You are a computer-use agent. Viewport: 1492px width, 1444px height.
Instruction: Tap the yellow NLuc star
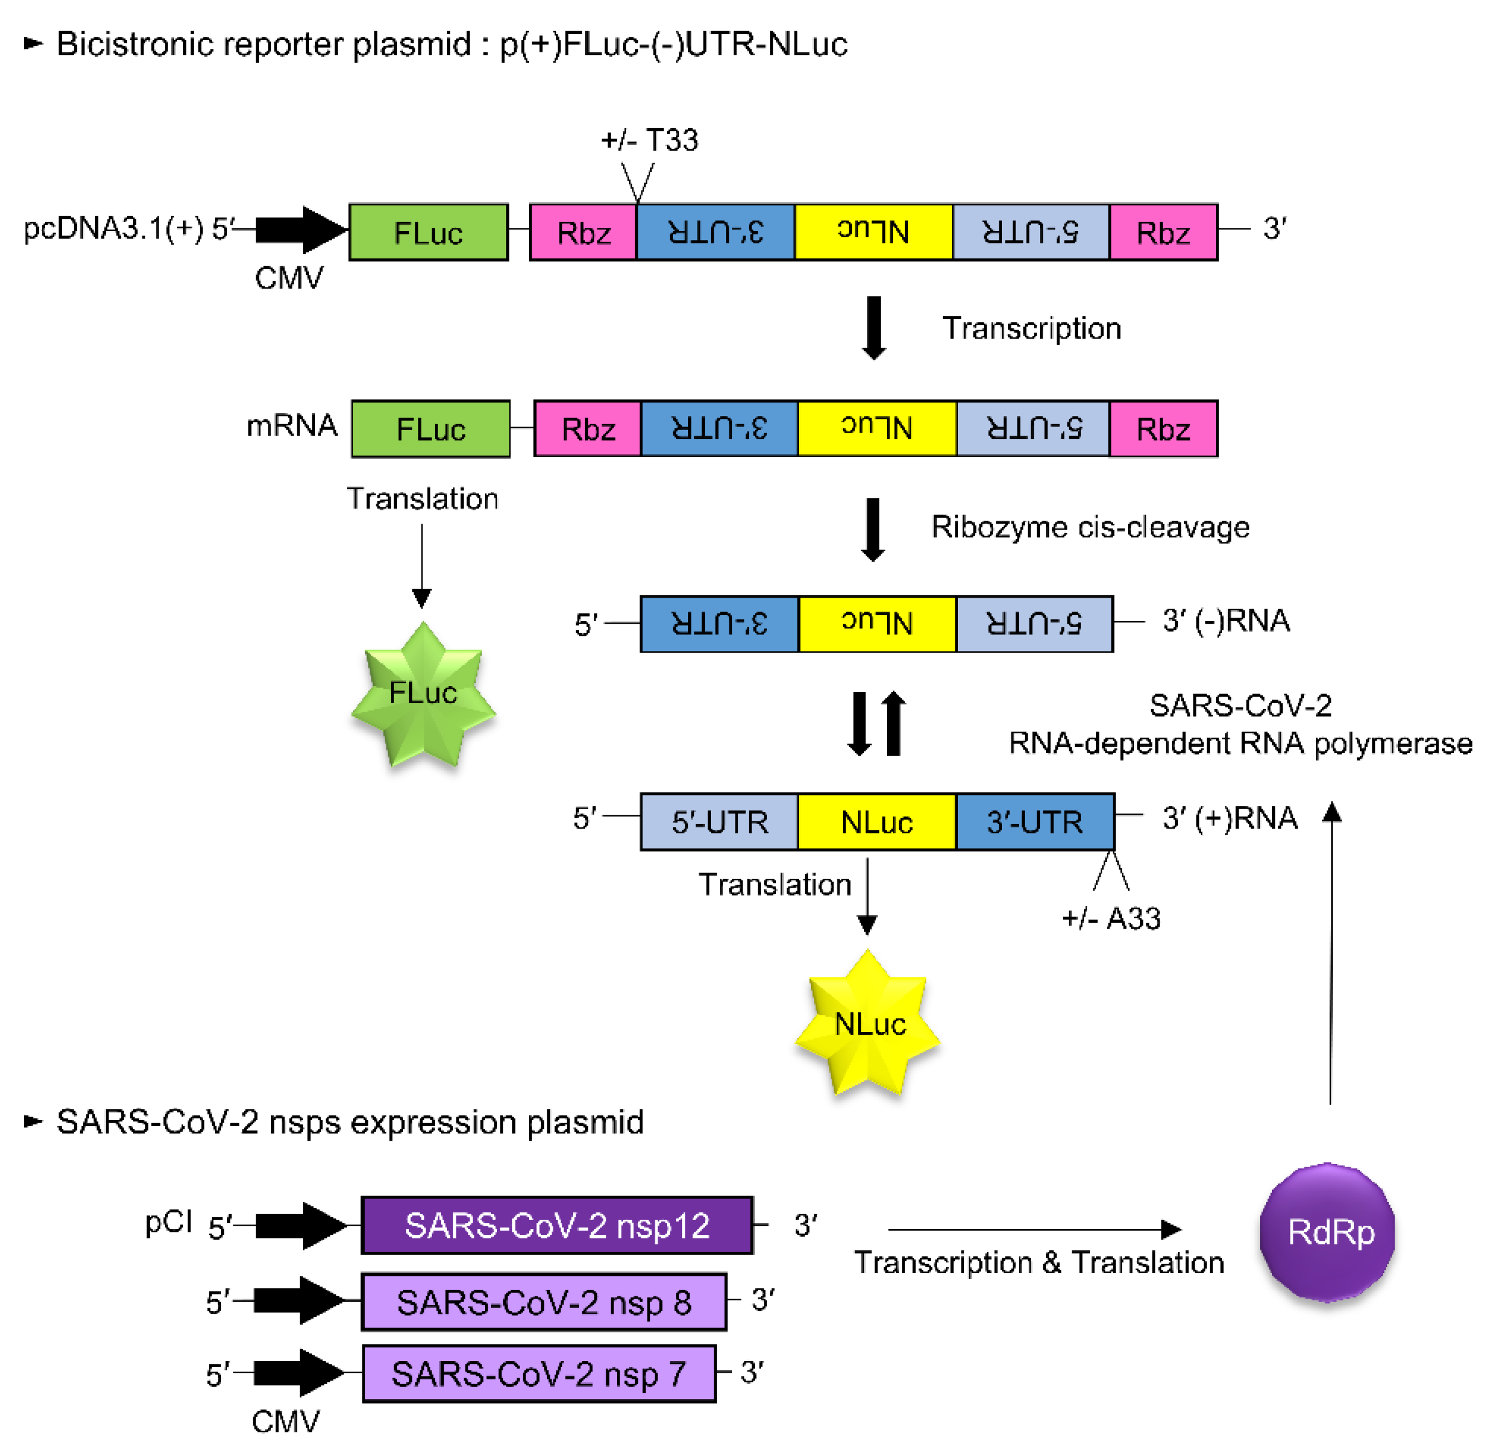[x=868, y=1024]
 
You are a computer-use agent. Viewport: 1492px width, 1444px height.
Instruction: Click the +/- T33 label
[x=649, y=141]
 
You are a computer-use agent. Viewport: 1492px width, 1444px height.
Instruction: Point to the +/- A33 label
[x=1111, y=918]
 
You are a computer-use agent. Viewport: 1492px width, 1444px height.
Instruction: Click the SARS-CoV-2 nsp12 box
[x=557, y=1225]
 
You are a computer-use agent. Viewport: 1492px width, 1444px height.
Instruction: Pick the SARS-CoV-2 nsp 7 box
[x=539, y=1374]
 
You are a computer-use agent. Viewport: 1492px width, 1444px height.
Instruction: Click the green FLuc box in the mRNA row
[x=431, y=429]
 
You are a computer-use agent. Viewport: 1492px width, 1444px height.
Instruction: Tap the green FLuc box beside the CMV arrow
[x=429, y=232]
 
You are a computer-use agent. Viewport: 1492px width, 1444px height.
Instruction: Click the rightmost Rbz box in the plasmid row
[x=1163, y=232]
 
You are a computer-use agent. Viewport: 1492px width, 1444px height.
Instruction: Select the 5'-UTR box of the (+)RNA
[x=719, y=822]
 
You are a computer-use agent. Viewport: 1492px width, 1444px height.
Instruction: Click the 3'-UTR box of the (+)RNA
[x=1034, y=822]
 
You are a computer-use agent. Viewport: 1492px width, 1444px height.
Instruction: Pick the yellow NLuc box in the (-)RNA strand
[x=877, y=624]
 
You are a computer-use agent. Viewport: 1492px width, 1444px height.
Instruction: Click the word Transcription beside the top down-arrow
[x=1032, y=328]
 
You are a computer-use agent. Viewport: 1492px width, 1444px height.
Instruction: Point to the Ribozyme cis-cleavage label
[x=1090, y=527]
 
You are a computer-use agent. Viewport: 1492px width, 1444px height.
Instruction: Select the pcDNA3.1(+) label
[x=114, y=228]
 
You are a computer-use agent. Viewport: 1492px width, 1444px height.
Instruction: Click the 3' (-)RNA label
[x=1225, y=621]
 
